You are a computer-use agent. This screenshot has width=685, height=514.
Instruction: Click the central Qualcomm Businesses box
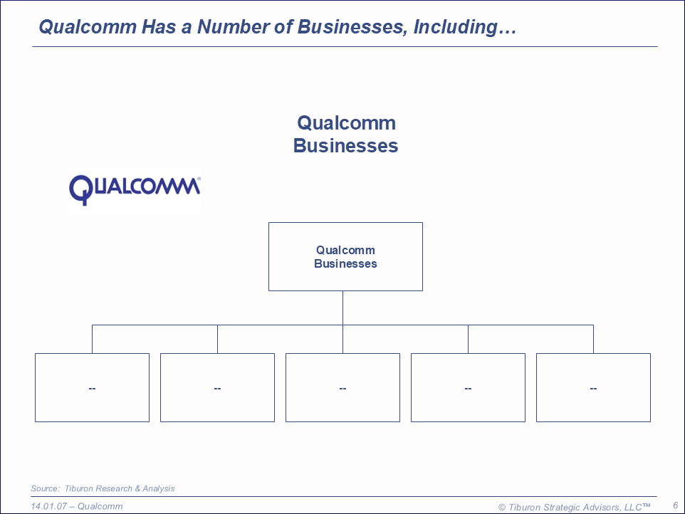(x=345, y=256)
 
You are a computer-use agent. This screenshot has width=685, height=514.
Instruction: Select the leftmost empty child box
(x=92, y=387)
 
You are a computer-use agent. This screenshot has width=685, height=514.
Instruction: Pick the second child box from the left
(x=217, y=387)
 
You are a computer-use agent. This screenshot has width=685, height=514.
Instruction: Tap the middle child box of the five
(x=342, y=387)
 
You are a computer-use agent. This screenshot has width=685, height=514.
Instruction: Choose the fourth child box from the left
(x=468, y=387)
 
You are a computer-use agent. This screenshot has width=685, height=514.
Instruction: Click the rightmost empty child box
(x=593, y=387)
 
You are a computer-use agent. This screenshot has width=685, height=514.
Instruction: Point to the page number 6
(x=675, y=505)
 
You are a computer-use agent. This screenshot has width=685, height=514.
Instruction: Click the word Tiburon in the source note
(x=79, y=488)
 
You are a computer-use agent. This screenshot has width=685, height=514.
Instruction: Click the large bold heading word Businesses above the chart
(x=345, y=146)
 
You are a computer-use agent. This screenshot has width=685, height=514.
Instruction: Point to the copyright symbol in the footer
(x=501, y=507)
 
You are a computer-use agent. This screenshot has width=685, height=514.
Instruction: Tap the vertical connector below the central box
(x=342, y=308)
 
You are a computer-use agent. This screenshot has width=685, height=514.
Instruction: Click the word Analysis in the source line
(x=158, y=488)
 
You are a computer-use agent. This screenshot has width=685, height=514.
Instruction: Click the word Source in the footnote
(x=44, y=488)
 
